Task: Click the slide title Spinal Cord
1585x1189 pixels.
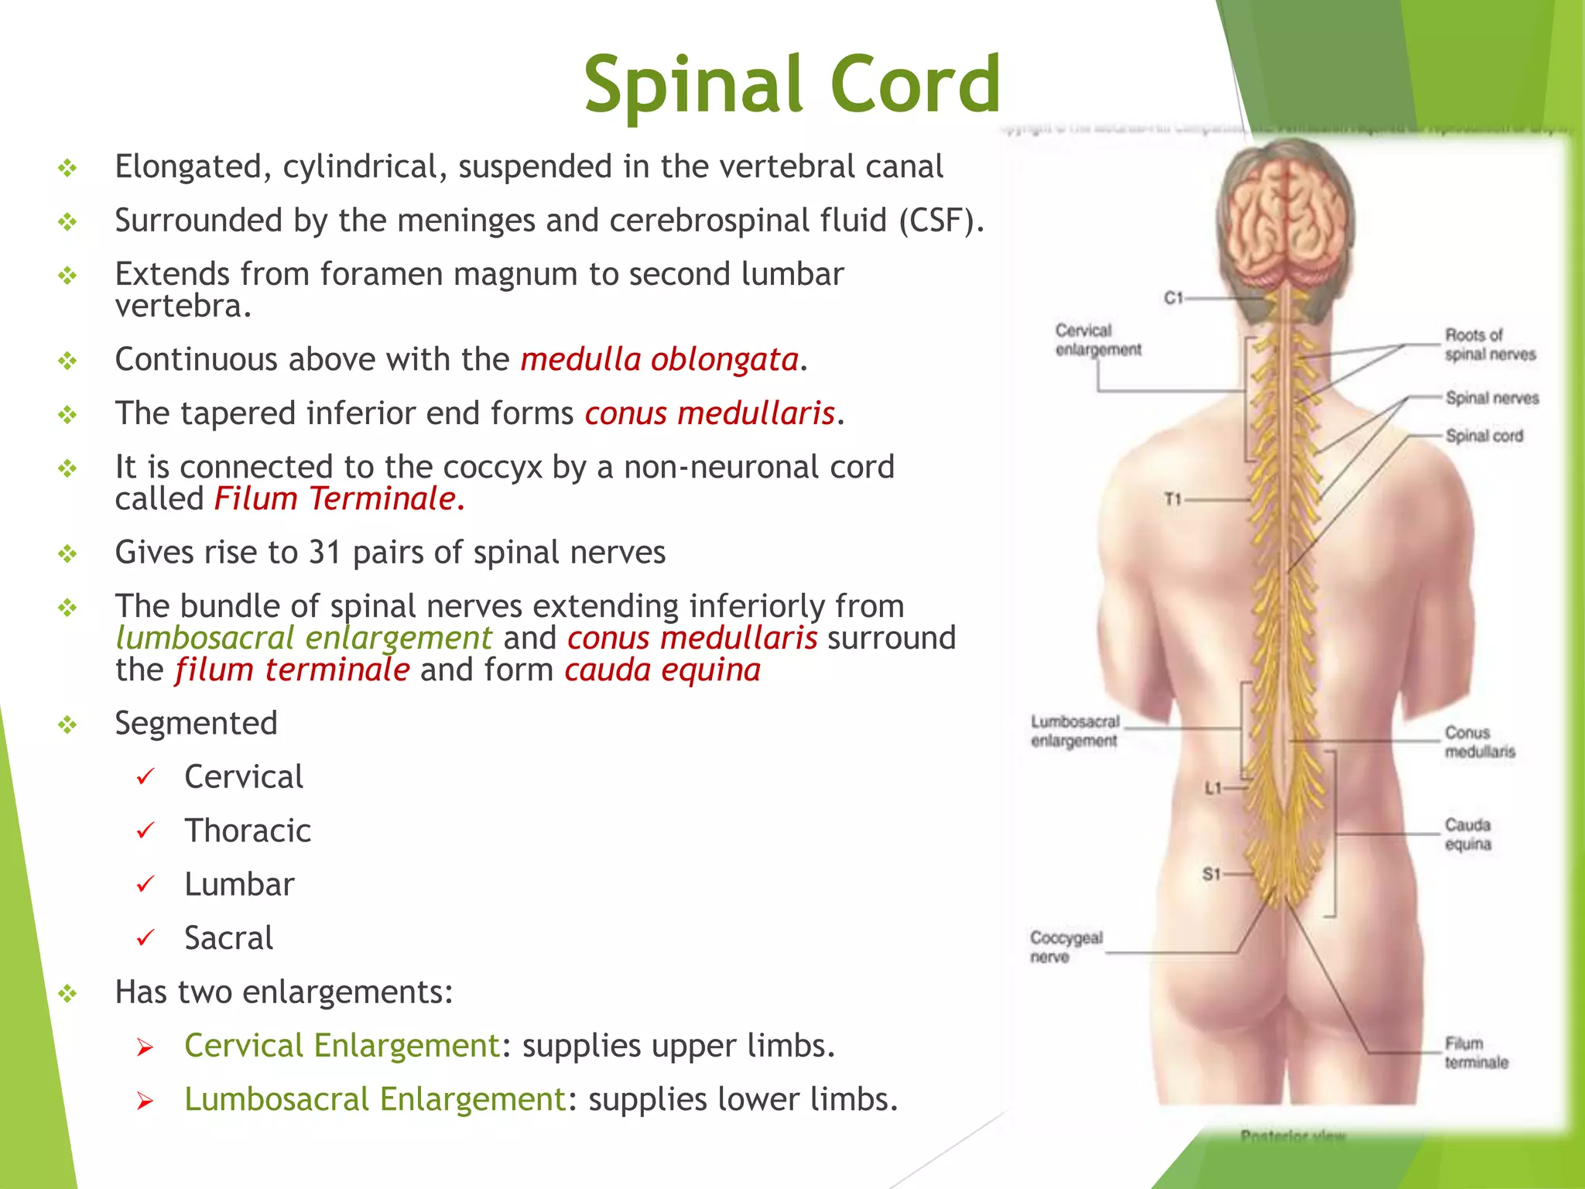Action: pyautogui.click(x=792, y=84)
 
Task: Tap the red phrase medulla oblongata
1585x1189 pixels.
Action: pyautogui.click(x=659, y=360)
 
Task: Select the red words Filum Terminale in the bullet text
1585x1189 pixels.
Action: pyautogui.click(x=339, y=499)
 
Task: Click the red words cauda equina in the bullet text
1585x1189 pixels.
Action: pyautogui.click(x=662, y=670)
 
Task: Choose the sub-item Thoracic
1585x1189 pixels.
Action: pyautogui.click(x=248, y=831)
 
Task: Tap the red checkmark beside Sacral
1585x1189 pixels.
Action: pyautogui.click(x=145, y=938)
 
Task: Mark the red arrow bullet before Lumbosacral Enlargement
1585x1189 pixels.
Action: pyautogui.click(x=145, y=1101)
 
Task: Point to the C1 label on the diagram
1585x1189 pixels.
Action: pyautogui.click(x=1173, y=297)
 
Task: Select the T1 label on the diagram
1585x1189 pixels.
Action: pyautogui.click(x=1173, y=499)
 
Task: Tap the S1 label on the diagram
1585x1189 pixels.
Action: pyautogui.click(x=1211, y=874)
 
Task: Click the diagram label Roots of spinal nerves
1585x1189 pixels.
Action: pyautogui.click(x=1490, y=344)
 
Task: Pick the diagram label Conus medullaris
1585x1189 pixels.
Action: pyautogui.click(x=1479, y=742)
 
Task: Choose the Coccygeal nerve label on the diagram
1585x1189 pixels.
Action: pyautogui.click(x=1066, y=947)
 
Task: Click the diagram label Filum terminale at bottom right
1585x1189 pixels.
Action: pyautogui.click(x=1476, y=1053)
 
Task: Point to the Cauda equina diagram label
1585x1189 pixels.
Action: pyautogui.click(x=1467, y=834)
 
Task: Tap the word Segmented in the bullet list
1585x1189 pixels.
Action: pyautogui.click(x=196, y=724)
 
